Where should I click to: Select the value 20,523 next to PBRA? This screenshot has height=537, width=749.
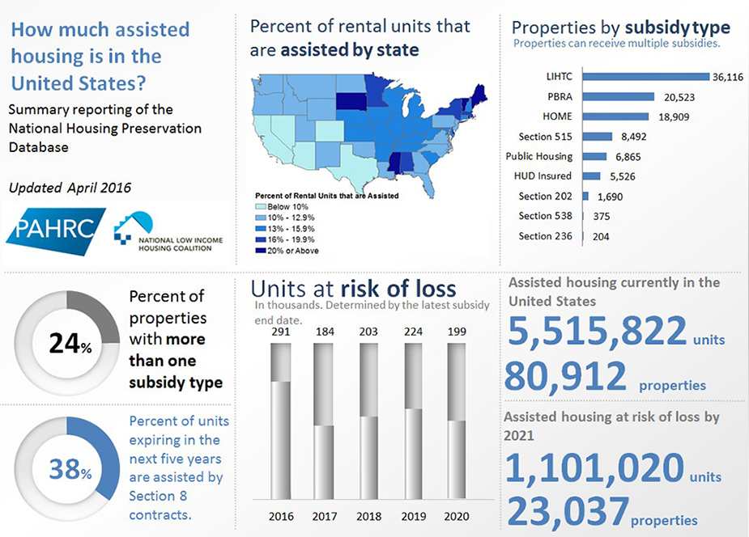pyautogui.click(x=676, y=97)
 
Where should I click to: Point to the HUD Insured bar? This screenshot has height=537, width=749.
pyautogui.click(x=591, y=175)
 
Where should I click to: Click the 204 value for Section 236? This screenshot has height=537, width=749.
pyautogui.click(x=600, y=237)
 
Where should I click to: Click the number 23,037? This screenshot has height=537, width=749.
pyautogui.click(x=566, y=511)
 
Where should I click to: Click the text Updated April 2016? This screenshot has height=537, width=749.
pyautogui.click(x=70, y=188)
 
